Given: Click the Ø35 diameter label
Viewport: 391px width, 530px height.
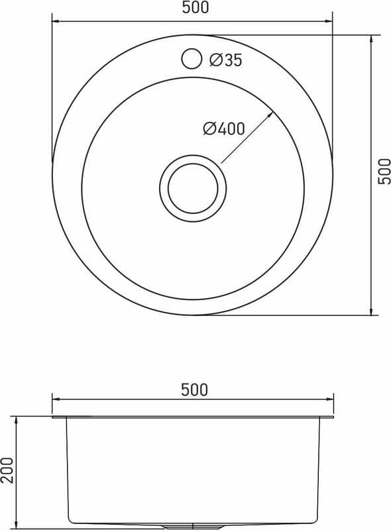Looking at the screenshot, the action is coord(225,60).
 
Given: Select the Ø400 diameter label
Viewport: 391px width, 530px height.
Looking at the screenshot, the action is coord(223,129).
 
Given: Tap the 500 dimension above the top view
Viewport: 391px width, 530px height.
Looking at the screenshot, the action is coord(195,8).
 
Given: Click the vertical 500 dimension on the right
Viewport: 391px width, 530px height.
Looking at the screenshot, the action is coord(383,172).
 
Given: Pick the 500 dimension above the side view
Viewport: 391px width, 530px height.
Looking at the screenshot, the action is coord(194,390).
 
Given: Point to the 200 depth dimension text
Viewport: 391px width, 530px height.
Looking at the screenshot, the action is coord(7,470).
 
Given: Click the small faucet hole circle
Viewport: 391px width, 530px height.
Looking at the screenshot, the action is coord(192,59).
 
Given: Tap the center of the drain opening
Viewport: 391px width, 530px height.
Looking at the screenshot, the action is coord(193,189).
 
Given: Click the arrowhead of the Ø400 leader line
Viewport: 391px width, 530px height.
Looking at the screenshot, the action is coord(270,115).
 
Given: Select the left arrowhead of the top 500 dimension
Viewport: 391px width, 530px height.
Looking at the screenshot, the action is coord(56,21).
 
